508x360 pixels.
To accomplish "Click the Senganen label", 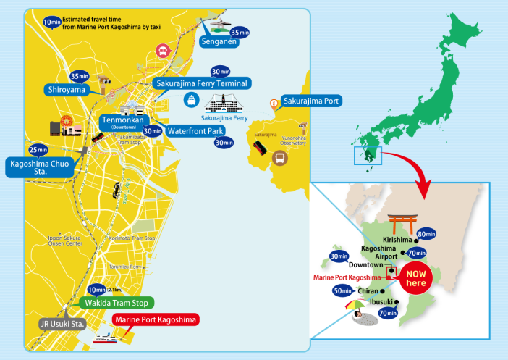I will (226, 46).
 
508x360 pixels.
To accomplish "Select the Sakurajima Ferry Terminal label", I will (202, 83).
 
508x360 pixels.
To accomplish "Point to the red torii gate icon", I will (399, 221).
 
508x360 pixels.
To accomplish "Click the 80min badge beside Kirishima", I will (425, 234).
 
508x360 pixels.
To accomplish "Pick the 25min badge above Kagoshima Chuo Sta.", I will (38, 150).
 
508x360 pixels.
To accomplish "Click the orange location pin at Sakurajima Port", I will (273, 104).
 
